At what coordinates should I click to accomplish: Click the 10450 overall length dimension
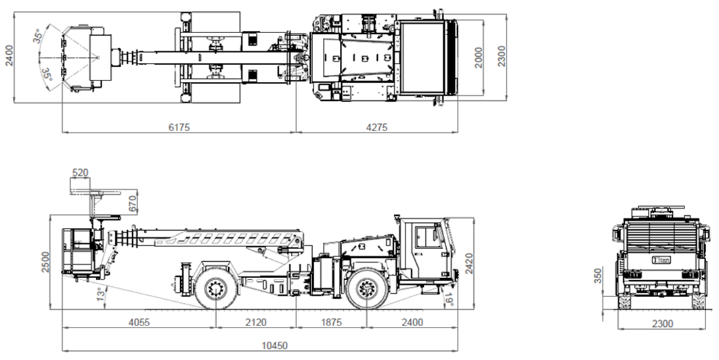(x=275, y=345)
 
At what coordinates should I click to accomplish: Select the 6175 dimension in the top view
(x=179, y=127)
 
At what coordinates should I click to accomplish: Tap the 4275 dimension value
(x=376, y=127)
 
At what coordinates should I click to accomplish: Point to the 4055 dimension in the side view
(x=139, y=322)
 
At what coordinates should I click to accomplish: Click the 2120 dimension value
(x=255, y=322)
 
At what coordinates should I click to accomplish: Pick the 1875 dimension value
(x=331, y=322)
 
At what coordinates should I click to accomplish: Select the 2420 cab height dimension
(x=469, y=263)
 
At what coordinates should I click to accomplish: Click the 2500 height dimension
(x=45, y=261)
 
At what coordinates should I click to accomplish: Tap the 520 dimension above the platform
(x=81, y=173)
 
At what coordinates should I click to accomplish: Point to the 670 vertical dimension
(x=133, y=204)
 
